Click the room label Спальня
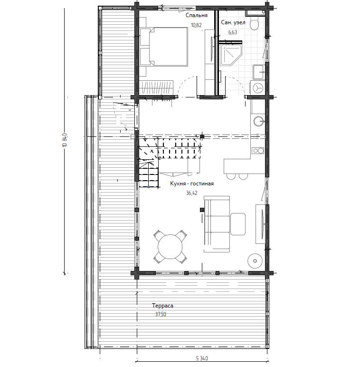pyautogui.click(x=196, y=15)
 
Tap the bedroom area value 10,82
pyautogui.click(x=196, y=25)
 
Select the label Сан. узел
pyautogui.click(x=233, y=22)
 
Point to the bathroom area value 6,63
pyautogui.click(x=233, y=32)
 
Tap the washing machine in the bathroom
pyautogui.click(x=257, y=88)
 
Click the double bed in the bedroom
pyautogui.click(x=164, y=47)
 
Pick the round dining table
pyautogui.click(x=170, y=247)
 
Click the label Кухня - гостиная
pyautogui.click(x=192, y=183)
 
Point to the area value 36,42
pyautogui.click(x=192, y=193)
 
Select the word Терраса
pyautogui.click(x=163, y=306)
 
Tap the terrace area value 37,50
pyautogui.click(x=161, y=314)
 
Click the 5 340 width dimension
pyautogui.click(x=202, y=358)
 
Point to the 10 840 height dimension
pyautogui.click(x=65, y=140)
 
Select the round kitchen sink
pyautogui.click(x=259, y=121)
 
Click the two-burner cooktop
pyautogui.click(x=258, y=151)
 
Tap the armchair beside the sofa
pyautogui.click(x=238, y=224)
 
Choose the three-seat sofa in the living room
pyautogui.click(x=217, y=224)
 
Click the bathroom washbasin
pyautogui.click(x=259, y=72)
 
